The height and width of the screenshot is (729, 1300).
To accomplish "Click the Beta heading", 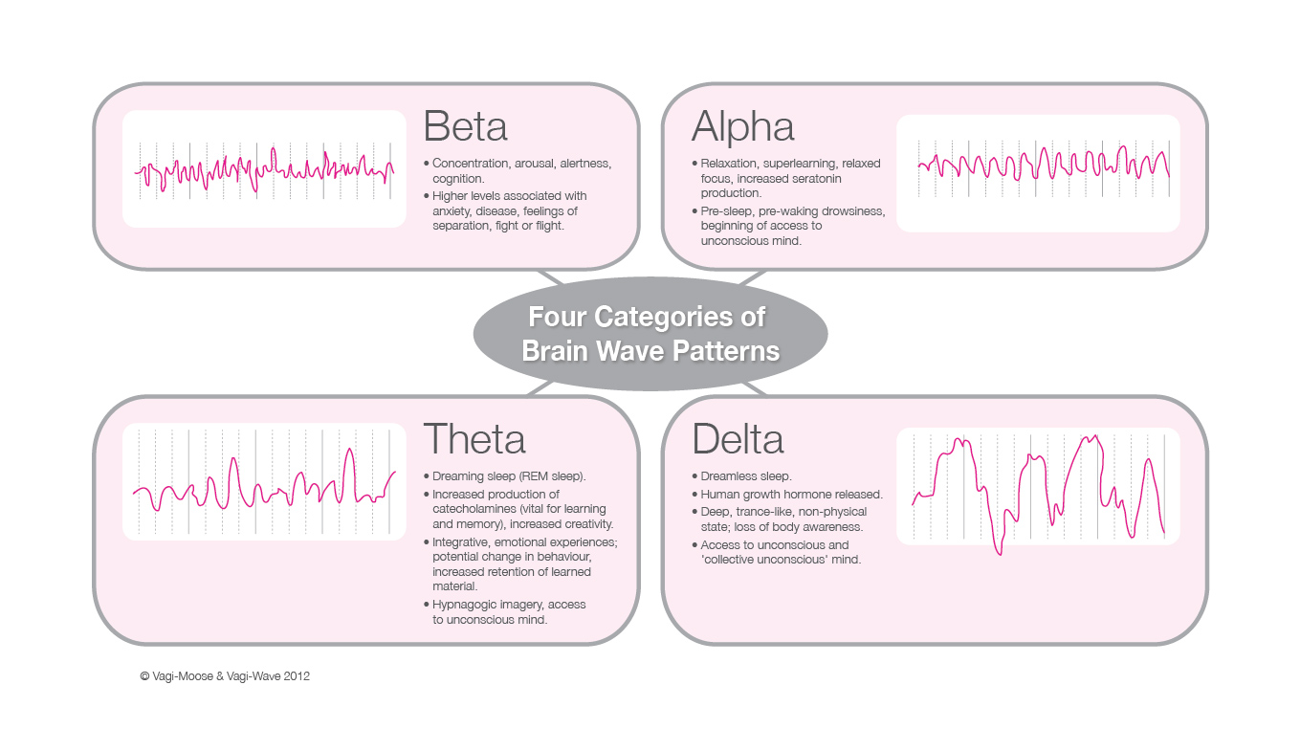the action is [466, 126].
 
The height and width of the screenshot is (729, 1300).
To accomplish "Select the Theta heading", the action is [474, 439].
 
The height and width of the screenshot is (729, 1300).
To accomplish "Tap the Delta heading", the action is [738, 439].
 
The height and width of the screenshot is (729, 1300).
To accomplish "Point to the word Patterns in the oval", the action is [726, 350].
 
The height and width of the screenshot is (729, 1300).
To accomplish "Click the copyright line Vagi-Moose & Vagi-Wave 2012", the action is [225, 676].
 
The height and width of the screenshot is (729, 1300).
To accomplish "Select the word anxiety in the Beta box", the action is [451, 211].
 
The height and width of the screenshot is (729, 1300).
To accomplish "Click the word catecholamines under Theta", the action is [473, 509].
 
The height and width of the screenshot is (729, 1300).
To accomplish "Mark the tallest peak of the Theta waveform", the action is [349, 449].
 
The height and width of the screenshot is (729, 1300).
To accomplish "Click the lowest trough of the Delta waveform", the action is [1000, 554].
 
